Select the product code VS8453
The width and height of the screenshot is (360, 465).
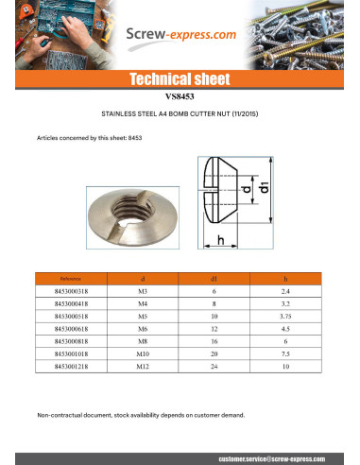(x=180, y=96)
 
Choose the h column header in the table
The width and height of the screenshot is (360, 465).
(x=285, y=280)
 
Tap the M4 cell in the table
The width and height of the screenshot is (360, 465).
(x=143, y=305)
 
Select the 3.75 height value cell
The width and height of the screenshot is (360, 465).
(x=285, y=317)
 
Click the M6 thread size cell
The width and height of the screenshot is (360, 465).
(x=143, y=328)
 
